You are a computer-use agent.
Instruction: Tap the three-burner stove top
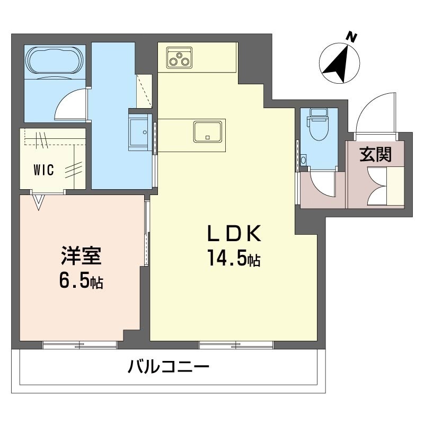[x=179, y=57]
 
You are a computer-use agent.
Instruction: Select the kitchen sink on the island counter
[x=208, y=131]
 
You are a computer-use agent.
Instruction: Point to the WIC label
[x=44, y=170]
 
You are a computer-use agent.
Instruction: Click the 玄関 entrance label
[x=376, y=155]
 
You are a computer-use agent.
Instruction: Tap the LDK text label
[x=234, y=233]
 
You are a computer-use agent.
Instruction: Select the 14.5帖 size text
[x=234, y=258]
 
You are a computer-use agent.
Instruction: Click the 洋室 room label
[x=81, y=255]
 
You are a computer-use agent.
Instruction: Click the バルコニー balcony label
[x=169, y=367]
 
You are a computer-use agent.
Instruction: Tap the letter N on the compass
[x=352, y=37]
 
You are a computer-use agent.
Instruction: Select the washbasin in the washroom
[x=139, y=132]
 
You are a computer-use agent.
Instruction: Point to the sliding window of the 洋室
[x=80, y=345]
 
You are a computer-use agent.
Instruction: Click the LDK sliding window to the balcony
[x=236, y=345]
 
